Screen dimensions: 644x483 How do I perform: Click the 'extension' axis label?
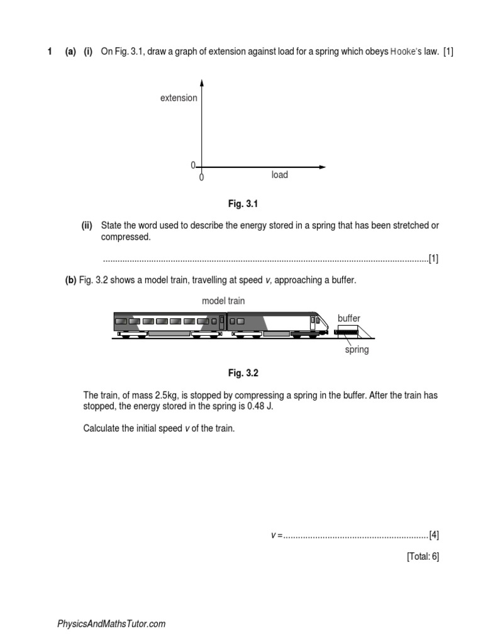tap(179, 98)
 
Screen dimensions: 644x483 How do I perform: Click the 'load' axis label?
tap(279, 175)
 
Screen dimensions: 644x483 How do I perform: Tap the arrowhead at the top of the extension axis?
tap(201, 83)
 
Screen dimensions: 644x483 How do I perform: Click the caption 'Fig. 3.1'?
tap(243, 204)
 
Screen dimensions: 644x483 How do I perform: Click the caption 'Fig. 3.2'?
tap(243, 373)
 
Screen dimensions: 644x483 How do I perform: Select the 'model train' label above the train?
tap(223, 301)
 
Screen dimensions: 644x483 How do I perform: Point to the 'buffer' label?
tap(349, 319)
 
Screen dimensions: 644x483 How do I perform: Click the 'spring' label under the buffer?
tap(357, 350)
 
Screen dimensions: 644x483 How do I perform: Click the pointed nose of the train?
tap(325, 328)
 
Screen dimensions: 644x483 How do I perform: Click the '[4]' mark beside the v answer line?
tap(434, 535)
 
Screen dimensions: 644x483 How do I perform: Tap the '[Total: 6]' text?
tap(423, 557)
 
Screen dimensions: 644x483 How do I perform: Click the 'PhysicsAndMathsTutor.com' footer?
tap(111, 624)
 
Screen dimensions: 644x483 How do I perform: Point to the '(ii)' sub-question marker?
tap(87, 226)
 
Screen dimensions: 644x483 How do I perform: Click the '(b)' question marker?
tap(70, 280)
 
